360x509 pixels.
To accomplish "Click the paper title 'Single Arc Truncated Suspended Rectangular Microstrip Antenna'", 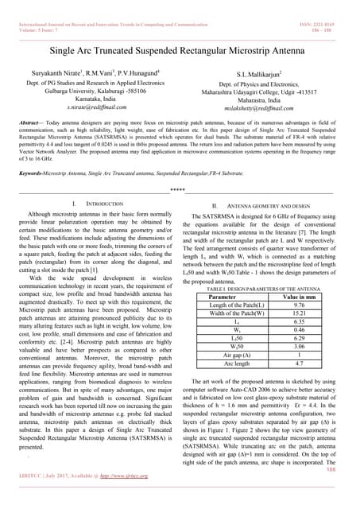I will click(180, 50).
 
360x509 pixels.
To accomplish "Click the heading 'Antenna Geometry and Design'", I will click(269, 205).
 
